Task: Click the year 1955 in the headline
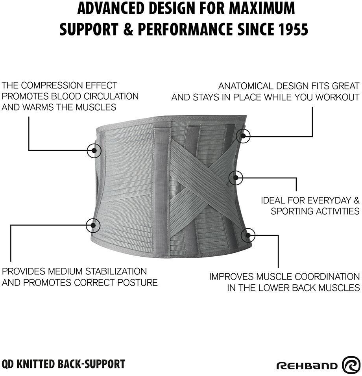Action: point(290,29)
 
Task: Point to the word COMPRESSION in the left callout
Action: point(49,85)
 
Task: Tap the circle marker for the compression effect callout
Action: point(94,150)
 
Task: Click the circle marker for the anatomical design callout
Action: point(244,136)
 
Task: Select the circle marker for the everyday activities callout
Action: point(236,178)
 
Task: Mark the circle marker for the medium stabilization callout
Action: point(93,225)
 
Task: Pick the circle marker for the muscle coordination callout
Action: point(248,235)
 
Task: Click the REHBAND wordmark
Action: point(307,365)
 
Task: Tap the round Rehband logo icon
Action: point(351,365)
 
